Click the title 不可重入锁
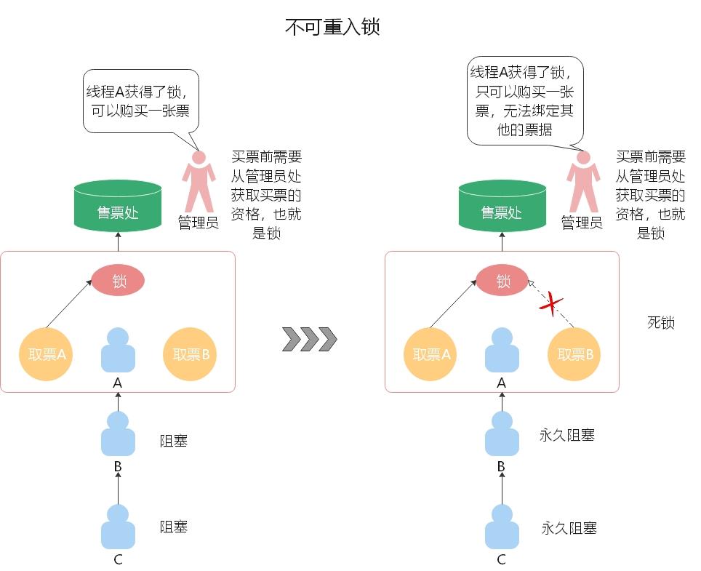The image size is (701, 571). [332, 28]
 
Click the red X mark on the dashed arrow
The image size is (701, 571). [553, 304]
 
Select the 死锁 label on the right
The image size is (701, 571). [660, 322]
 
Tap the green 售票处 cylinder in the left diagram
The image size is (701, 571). [118, 207]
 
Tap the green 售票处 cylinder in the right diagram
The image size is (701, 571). [502, 207]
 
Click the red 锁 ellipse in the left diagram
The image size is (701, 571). [118, 281]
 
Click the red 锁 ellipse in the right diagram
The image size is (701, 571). [502, 281]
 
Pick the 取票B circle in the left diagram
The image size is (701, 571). [191, 355]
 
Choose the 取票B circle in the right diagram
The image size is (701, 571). [575, 355]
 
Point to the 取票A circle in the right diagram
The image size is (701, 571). [431, 355]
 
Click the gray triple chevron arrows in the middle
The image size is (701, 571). [310, 339]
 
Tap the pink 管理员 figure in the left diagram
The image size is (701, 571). [199, 182]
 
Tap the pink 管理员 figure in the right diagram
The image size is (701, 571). [582, 182]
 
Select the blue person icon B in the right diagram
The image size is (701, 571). [502, 434]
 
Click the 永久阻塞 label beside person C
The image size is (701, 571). [569, 528]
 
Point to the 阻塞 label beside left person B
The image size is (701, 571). [174, 440]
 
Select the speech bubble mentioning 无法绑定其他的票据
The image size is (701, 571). [524, 100]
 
